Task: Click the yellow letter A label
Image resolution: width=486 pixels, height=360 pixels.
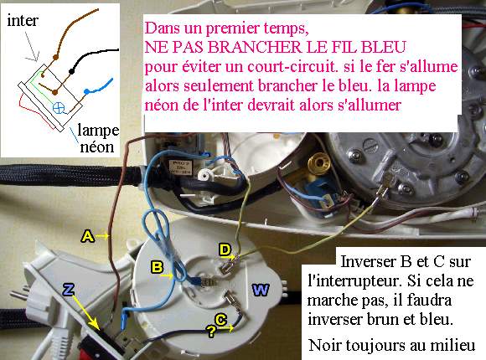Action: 88,236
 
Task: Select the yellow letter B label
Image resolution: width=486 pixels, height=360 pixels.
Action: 158,267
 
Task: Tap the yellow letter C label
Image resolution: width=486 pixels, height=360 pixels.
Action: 221,320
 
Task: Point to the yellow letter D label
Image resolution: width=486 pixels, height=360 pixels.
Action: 225,249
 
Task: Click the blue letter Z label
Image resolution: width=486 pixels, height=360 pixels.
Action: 68,290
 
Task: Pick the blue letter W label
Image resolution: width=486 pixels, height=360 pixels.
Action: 261,290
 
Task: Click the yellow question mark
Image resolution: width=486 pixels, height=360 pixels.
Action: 211,332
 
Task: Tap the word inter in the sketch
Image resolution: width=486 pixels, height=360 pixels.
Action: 23,21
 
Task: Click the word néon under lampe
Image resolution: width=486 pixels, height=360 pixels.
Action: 97,147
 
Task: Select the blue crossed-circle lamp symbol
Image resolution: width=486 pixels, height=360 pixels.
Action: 59,107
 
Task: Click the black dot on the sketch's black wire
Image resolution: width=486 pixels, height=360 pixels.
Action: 71,71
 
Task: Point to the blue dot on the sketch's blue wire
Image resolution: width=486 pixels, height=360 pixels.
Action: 87,91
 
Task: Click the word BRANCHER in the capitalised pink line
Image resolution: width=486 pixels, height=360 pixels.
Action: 254,47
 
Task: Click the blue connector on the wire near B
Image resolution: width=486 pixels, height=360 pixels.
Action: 197,281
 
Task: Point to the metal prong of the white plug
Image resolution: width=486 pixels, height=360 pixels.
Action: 19,296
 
